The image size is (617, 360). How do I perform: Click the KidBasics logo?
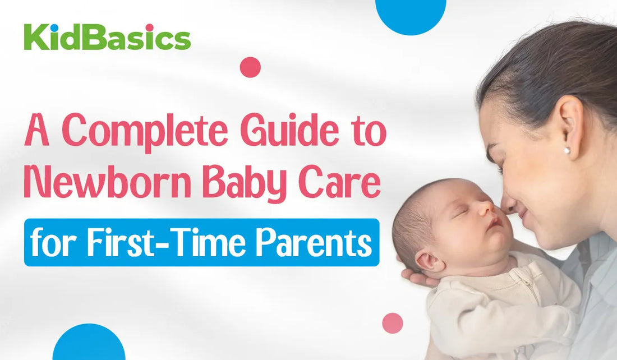107,38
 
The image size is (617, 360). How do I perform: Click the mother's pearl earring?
567,150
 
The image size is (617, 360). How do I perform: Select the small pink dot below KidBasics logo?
250,67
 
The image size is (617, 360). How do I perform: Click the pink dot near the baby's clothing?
393,323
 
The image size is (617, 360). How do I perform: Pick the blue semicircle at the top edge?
411,14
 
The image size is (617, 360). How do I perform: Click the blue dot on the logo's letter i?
55,28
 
